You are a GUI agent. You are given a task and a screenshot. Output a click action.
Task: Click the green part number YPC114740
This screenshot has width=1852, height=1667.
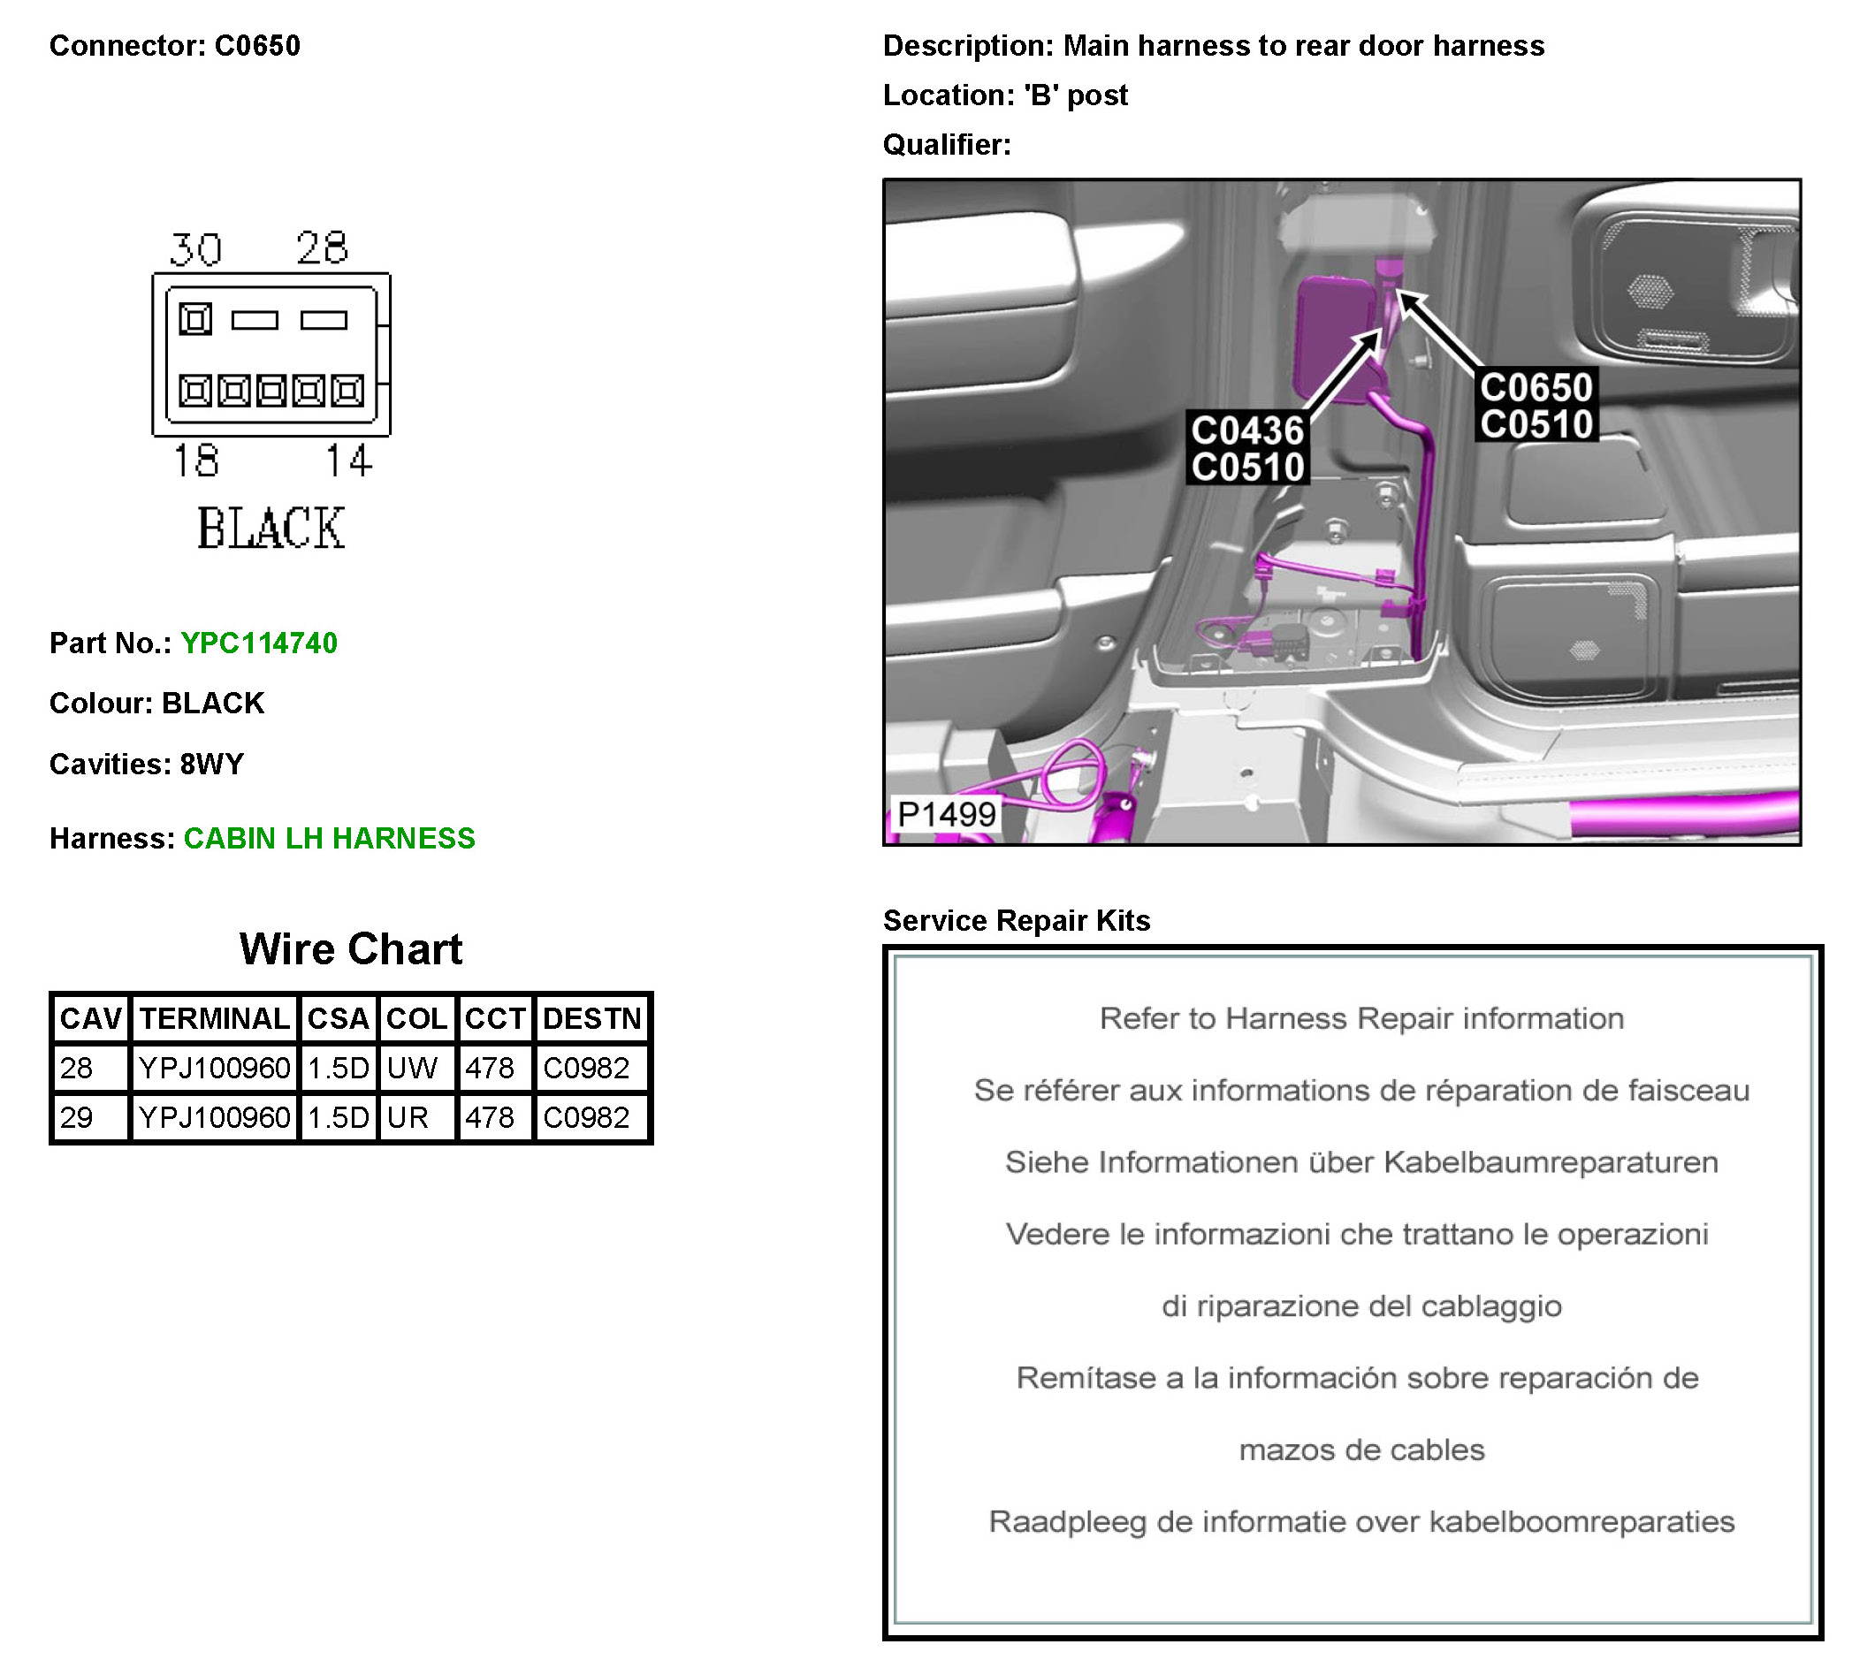click(x=258, y=643)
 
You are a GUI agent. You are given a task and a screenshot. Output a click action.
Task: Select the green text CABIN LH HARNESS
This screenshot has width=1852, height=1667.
click(x=329, y=838)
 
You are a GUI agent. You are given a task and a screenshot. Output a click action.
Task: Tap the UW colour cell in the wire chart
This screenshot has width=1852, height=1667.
click(x=412, y=1068)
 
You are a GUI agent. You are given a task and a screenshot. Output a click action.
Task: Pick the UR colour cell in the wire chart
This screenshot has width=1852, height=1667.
click(x=408, y=1117)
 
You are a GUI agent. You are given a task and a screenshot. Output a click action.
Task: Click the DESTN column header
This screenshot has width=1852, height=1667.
click(x=591, y=1018)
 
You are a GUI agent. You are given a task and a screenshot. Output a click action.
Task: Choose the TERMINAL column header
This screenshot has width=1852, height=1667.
click(x=214, y=1018)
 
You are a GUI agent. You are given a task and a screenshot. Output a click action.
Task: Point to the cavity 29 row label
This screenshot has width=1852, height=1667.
click(x=77, y=1117)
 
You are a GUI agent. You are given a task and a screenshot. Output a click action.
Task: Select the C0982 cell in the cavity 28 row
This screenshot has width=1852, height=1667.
click(x=586, y=1068)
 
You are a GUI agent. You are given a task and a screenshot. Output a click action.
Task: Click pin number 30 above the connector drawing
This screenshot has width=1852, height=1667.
click(x=195, y=249)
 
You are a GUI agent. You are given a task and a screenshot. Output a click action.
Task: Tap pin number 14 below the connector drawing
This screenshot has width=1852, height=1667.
click(x=349, y=460)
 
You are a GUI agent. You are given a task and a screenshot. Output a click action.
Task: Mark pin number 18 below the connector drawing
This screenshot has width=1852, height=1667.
click(x=196, y=460)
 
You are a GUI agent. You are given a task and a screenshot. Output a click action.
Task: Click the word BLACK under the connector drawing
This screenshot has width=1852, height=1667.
click(x=271, y=529)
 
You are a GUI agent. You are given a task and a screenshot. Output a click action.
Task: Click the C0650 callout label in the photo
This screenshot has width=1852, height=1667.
click(x=1536, y=387)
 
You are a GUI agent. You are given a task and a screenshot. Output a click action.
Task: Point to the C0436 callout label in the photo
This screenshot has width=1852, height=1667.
click(x=1246, y=430)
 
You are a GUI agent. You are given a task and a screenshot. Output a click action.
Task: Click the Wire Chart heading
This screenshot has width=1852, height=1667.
click(x=351, y=949)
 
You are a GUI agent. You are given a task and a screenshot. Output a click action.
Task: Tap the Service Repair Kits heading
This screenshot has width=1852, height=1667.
click(x=1016, y=920)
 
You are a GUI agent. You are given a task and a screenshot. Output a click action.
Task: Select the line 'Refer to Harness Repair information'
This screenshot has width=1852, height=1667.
click(x=1361, y=1018)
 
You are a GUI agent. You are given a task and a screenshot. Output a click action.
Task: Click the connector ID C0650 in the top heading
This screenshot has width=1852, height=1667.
click(x=257, y=46)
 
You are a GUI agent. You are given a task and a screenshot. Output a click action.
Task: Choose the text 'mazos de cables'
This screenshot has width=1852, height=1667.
click(x=1361, y=1450)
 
